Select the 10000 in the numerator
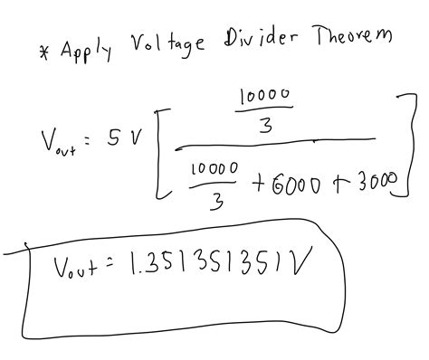(262, 98)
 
